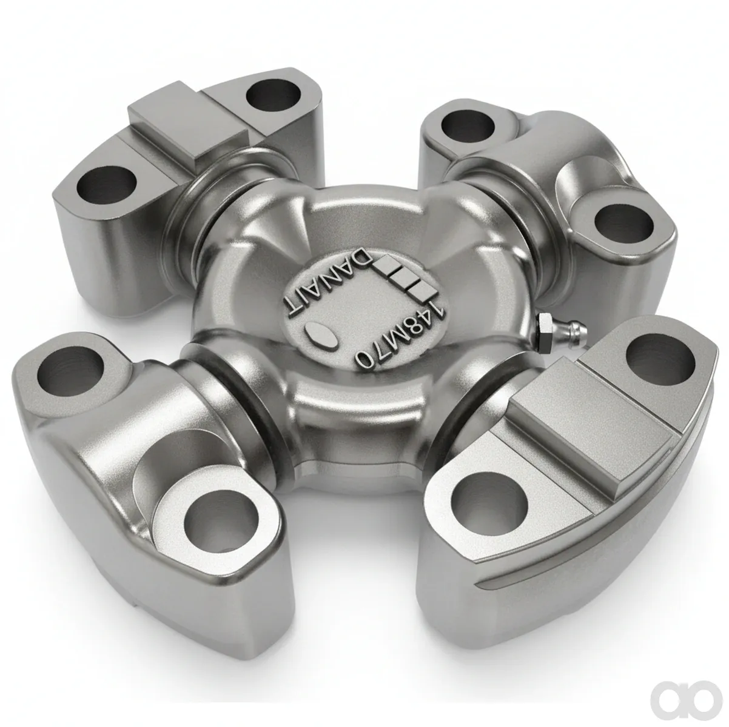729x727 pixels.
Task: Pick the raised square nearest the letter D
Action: [x=386, y=263]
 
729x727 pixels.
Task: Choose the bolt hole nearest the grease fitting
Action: [x=659, y=357]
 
